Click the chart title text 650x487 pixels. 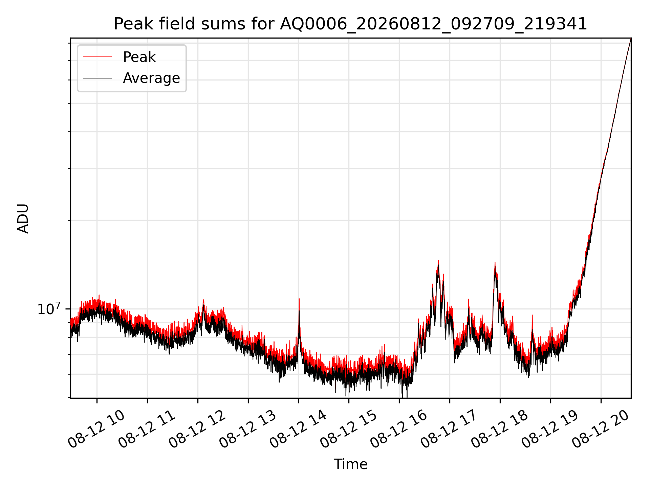pyautogui.click(x=350, y=24)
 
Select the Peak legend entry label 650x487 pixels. pyautogui.click(x=139, y=57)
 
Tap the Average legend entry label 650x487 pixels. pyautogui.click(x=151, y=78)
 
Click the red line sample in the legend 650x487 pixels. pyautogui.click(x=97, y=57)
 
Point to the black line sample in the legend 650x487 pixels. pyautogui.click(x=97, y=78)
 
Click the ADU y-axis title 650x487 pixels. pyautogui.click(x=23, y=218)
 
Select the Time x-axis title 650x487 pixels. pyautogui.click(x=350, y=464)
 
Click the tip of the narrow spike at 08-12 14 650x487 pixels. pyautogui.click(x=299, y=299)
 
